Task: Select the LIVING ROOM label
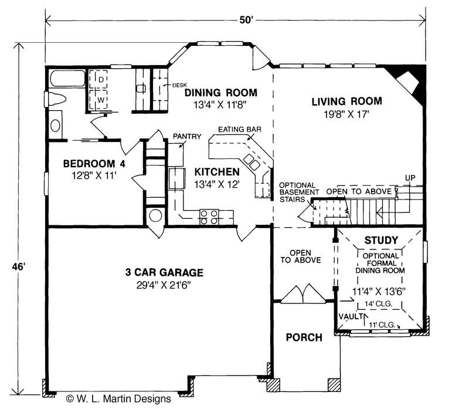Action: point(346,101)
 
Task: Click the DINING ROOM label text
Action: point(220,92)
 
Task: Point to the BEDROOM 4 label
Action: point(94,163)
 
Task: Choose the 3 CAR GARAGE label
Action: point(164,272)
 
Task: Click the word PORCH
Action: point(304,337)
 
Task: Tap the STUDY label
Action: point(381,240)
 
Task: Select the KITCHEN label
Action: point(217,172)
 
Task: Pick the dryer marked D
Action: point(100,79)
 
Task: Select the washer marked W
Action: point(100,99)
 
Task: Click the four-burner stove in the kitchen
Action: point(209,217)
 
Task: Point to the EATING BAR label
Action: point(239,129)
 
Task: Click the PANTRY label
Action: point(186,137)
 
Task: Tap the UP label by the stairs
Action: point(410,178)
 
